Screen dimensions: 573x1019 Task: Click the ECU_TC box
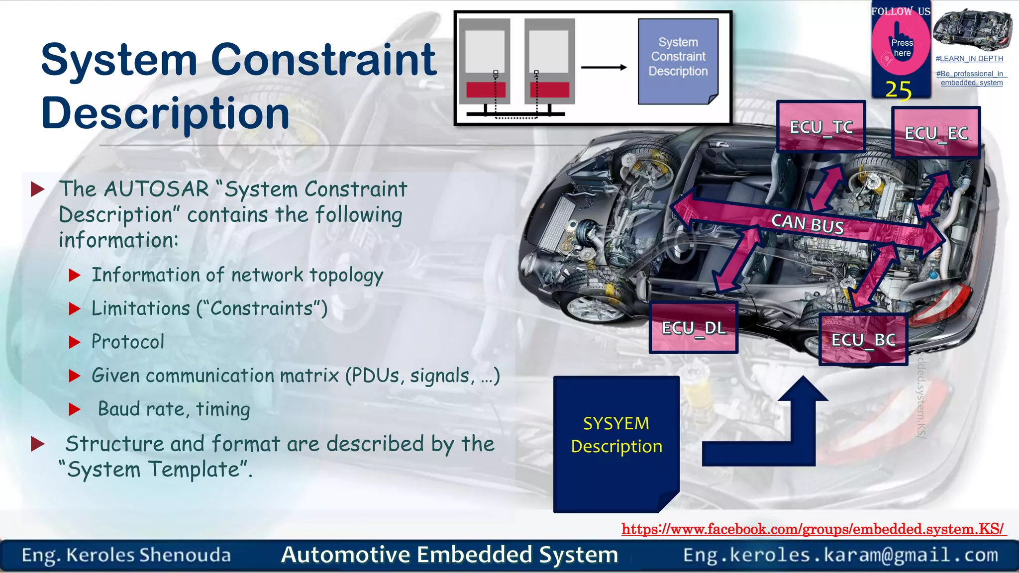click(x=821, y=127)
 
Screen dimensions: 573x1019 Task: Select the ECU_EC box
click(x=936, y=133)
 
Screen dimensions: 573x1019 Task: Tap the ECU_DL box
click(x=694, y=328)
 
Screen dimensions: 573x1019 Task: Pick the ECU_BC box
click(x=863, y=340)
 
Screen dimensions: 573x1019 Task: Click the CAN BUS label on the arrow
click(x=807, y=223)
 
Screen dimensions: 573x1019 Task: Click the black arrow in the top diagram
click(x=604, y=67)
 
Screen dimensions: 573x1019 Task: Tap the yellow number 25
click(x=899, y=91)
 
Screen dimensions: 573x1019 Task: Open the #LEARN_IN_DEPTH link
click(x=969, y=59)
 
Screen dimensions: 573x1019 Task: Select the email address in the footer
click(x=840, y=555)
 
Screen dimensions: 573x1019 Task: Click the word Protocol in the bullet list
click(x=128, y=342)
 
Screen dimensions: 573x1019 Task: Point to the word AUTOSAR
click(x=157, y=189)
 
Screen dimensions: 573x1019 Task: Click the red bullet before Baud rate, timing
click(x=75, y=409)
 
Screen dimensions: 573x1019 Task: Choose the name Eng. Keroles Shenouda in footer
click(x=126, y=555)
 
